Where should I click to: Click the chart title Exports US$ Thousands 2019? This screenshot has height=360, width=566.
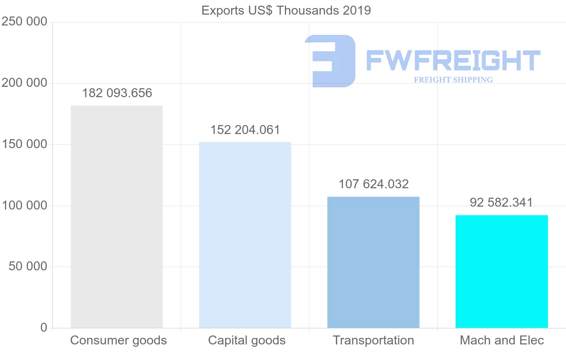pos(286,10)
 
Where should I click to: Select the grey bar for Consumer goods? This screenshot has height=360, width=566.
pos(117,217)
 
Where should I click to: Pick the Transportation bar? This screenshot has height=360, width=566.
pos(373,262)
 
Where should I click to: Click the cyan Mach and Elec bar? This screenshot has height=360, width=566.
pos(501,271)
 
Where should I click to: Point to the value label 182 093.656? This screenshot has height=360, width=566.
pos(117,93)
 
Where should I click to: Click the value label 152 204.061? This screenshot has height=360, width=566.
pos(245,130)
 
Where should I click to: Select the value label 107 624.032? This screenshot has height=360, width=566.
pos(374,184)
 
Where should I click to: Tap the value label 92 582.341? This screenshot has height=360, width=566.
pos(501,202)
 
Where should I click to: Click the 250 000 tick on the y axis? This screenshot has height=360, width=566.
pos(25,22)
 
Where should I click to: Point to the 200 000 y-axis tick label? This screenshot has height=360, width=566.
pos(25,83)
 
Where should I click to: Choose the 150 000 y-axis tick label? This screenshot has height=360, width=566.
pos(25,144)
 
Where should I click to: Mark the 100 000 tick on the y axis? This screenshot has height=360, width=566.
pos(25,206)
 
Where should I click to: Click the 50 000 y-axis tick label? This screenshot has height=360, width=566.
pos(28,267)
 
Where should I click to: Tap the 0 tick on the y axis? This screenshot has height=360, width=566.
pos(44,328)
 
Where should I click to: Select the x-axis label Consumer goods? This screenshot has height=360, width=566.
pos(118,340)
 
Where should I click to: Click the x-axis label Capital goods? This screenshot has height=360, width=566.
pos(247,340)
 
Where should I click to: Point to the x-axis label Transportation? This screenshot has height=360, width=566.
pos(373,340)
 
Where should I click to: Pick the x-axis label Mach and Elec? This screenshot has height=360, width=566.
pos(502,340)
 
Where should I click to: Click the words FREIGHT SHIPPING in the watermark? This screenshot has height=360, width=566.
pos(453,80)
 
